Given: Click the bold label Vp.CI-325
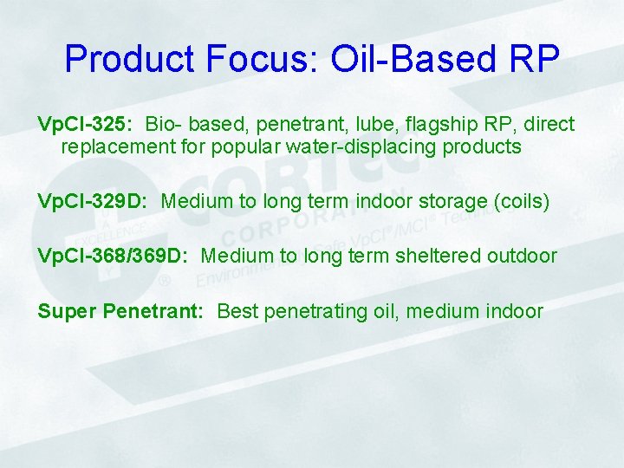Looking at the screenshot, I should pyautogui.click(x=84, y=125).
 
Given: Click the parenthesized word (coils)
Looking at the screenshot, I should pyautogui.click(x=519, y=202).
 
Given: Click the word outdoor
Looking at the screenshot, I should pyautogui.click(x=525, y=257).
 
